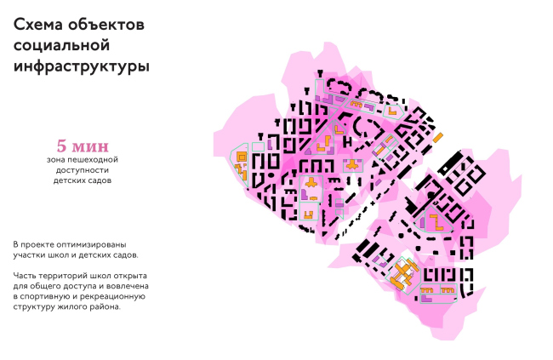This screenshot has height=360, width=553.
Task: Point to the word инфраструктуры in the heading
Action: coord(82,65)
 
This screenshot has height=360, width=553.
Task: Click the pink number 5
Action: coord(60,144)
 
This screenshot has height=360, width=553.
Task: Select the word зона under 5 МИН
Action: coord(56,158)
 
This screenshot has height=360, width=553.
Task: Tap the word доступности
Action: coord(81,169)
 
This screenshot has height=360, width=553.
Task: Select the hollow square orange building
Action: coord(242,157)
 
